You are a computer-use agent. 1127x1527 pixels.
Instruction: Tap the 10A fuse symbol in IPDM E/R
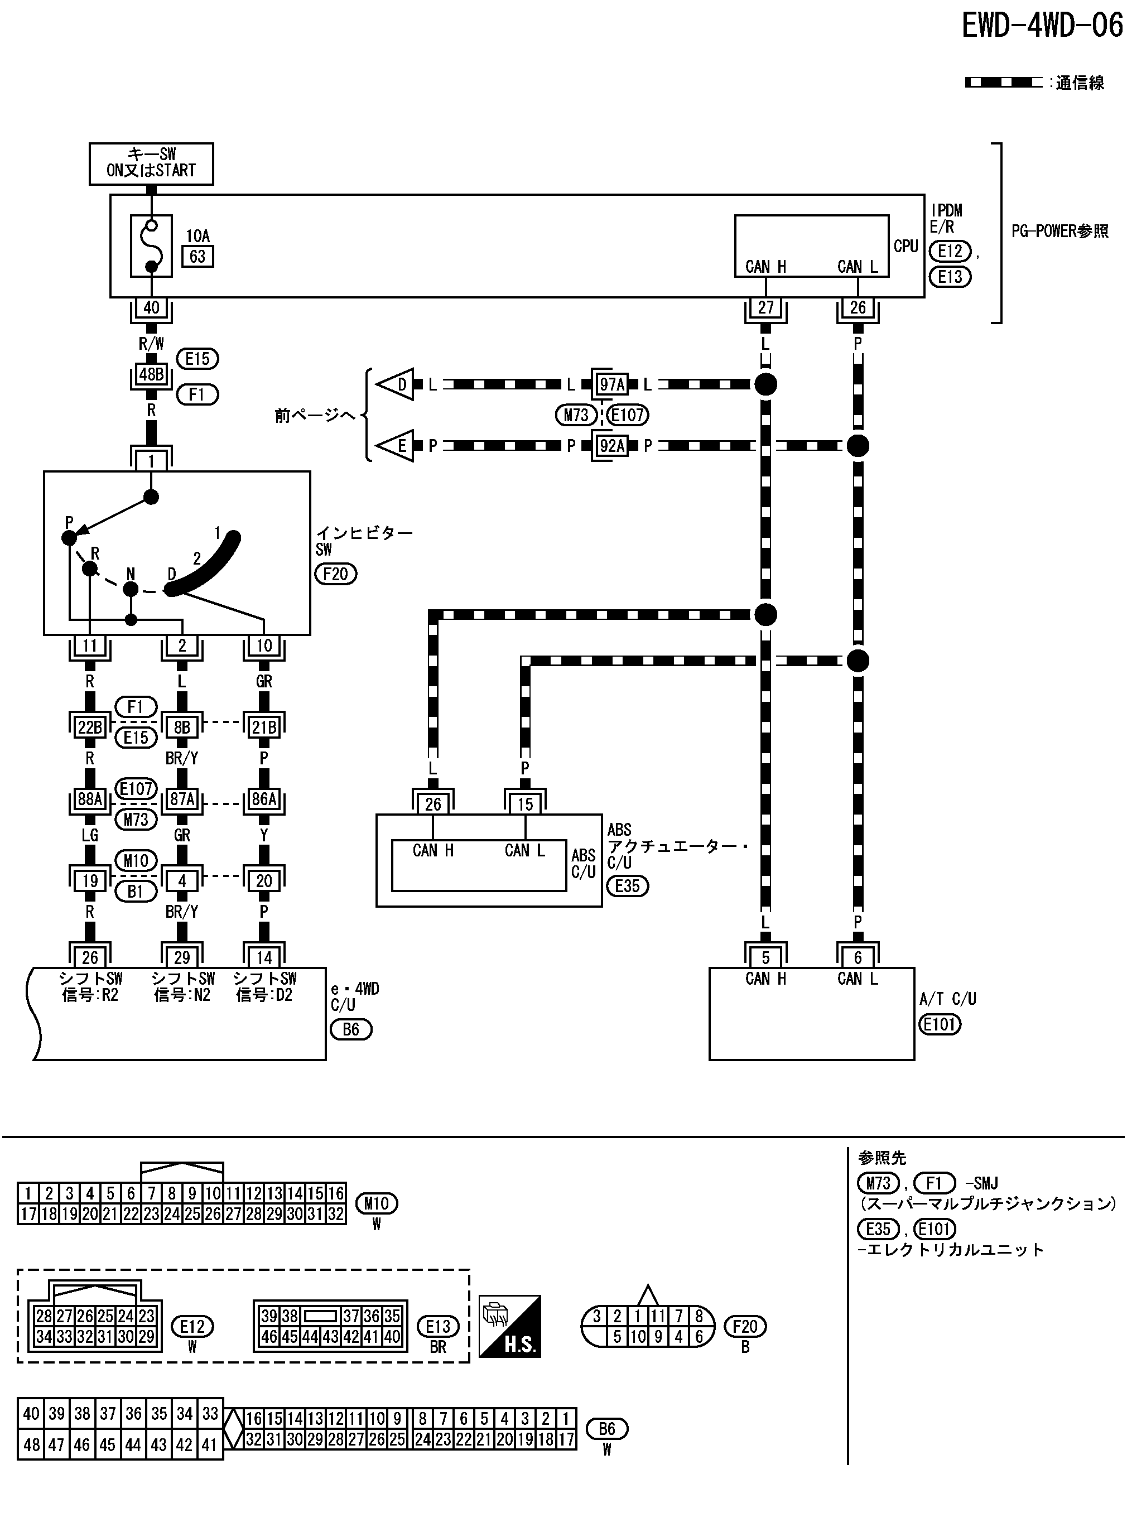pos(151,246)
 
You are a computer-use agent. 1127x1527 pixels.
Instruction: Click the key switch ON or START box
pos(151,163)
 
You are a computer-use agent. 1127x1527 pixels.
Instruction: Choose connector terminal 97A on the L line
pos(611,384)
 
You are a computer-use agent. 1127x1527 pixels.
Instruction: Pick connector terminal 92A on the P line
pos(611,446)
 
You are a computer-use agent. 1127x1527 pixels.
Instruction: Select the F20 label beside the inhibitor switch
pos(336,574)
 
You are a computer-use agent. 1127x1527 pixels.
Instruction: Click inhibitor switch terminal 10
pos(264,646)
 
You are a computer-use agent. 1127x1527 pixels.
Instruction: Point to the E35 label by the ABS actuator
pos(627,886)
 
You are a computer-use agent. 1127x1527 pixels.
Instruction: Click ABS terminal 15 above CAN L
pos(524,804)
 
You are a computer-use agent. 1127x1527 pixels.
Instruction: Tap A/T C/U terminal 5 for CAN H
pos(765,957)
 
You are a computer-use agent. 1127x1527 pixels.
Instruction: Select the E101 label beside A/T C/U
pos(940,1024)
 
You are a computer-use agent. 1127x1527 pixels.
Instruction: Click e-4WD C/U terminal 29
pos(182,957)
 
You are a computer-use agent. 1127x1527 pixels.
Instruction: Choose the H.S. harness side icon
pos(509,1327)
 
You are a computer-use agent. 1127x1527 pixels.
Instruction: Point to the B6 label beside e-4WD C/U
pos(350,1029)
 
